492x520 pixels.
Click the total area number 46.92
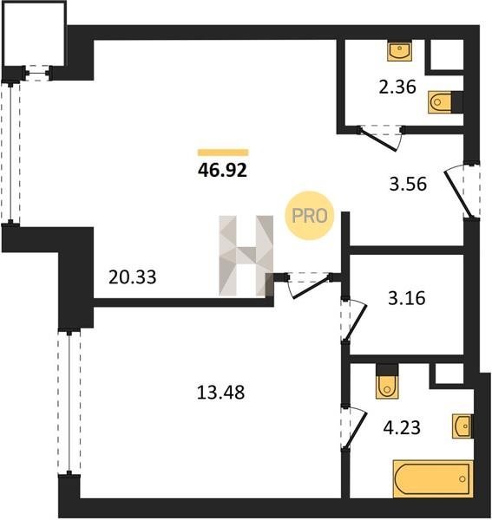click(x=222, y=171)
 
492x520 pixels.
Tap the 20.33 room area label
click(x=133, y=277)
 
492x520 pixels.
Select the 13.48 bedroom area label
click(x=220, y=393)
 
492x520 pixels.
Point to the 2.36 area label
click(x=397, y=88)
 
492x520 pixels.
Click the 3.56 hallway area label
click(x=408, y=184)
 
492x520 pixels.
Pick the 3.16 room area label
click(x=407, y=298)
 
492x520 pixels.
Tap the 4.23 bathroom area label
click(x=402, y=427)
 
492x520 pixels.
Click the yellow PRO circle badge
click(x=310, y=216)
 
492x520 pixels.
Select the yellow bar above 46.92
click(x=223, y=153)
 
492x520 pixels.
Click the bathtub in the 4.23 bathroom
click(x=433, y=478)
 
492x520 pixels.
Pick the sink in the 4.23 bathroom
click(x=462, y=426)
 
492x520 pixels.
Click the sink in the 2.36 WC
click(x=400, y=51)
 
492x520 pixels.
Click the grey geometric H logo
click(x=246, y=256)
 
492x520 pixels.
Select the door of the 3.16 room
click(x=354, y=321)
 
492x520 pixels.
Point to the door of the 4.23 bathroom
click(x=354, y=428)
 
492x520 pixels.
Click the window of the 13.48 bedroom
click(x=69, y=402)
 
